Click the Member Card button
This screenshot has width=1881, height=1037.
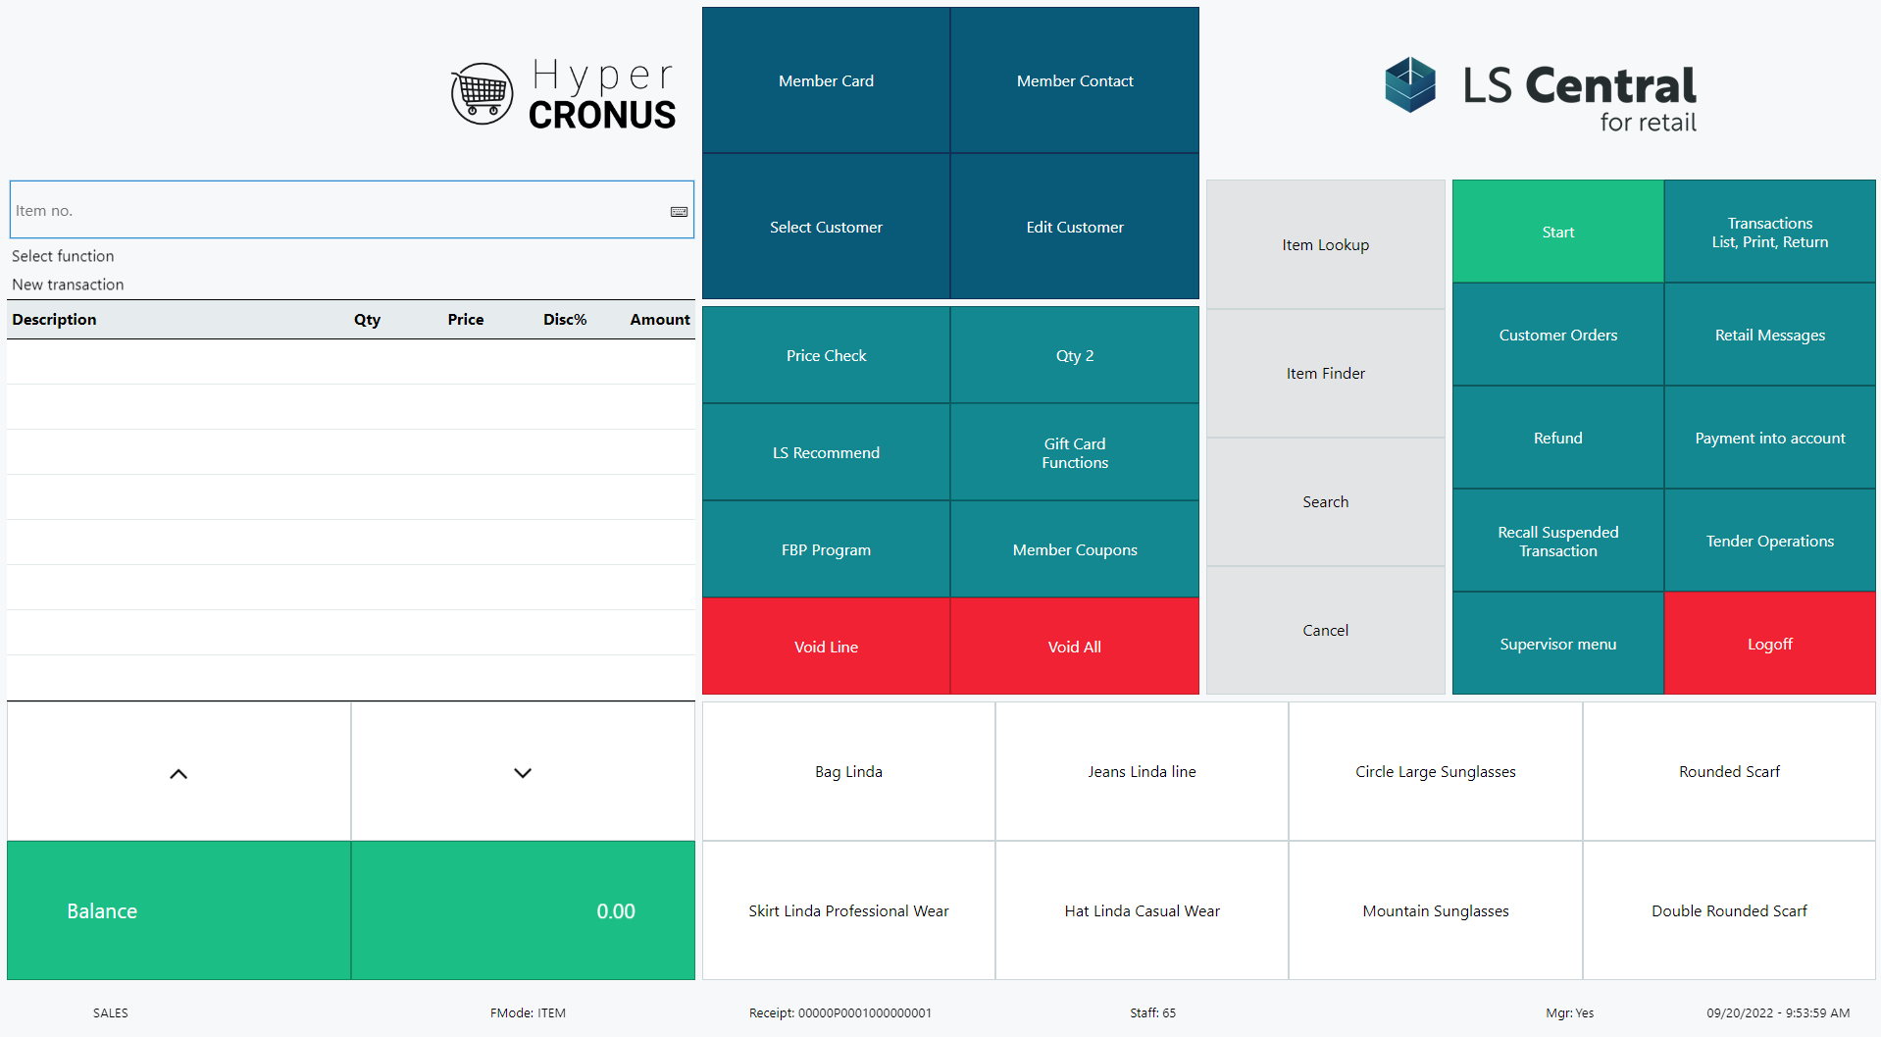point(826,80)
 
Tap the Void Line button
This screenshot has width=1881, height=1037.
point(826,647)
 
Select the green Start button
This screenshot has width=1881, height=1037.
point(1557,232)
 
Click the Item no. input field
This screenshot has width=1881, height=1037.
point(333,210)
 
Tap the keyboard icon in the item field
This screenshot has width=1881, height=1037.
point(679,211)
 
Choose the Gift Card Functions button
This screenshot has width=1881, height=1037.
point(1075,452)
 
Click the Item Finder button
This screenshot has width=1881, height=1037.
point(1325,373)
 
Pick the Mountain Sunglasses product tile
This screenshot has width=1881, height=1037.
point(1435,910)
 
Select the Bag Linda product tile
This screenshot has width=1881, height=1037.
point(848,771)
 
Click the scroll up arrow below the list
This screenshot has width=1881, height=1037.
point(178,773)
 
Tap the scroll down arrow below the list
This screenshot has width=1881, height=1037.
point(523,773)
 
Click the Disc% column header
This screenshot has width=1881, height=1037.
point(565,320)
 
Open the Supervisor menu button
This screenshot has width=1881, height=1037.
point(1557,644)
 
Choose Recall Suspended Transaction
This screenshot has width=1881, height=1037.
point(1557,541)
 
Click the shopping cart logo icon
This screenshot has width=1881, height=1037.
point(482,94)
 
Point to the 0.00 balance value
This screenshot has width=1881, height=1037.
point(615,910)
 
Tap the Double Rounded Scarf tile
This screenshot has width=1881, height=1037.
point(1729,910)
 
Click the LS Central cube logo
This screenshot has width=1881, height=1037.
point(1410,84)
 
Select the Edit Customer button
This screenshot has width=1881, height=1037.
point(1075,227)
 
